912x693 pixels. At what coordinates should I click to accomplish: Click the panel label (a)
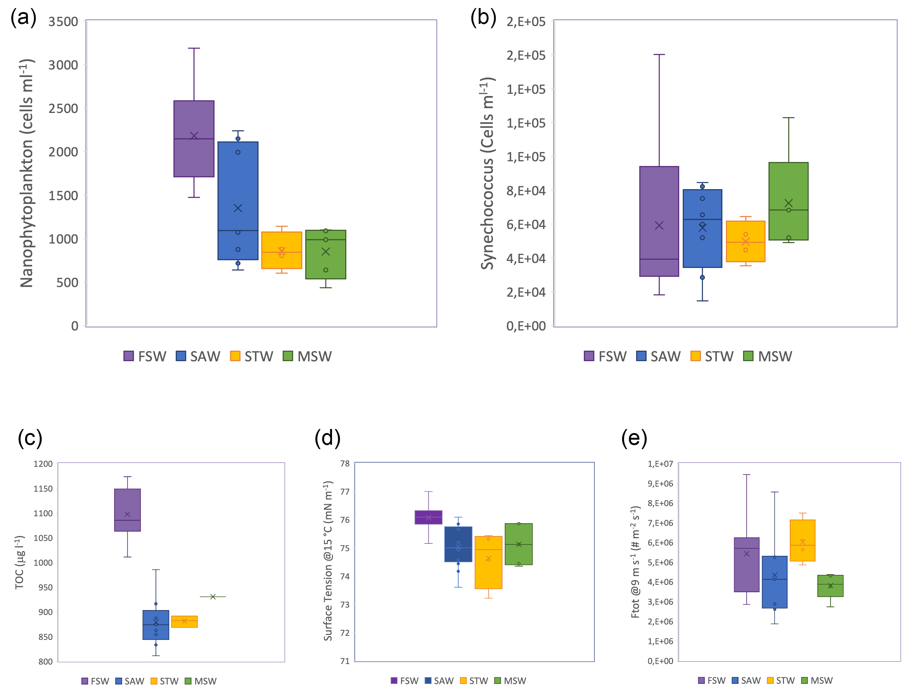[23, 18]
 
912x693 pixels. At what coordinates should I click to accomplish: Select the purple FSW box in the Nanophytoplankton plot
[194, 139]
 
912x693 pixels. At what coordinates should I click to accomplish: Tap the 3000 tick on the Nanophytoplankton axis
[63, 65]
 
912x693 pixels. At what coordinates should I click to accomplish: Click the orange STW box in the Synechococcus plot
[745, 241]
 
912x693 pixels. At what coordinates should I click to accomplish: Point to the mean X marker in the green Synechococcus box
[788, 203]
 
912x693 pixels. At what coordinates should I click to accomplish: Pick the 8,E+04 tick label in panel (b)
[526, 191]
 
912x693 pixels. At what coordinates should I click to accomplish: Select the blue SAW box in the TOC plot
[156, 625]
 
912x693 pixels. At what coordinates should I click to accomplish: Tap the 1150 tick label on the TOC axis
[43, 489]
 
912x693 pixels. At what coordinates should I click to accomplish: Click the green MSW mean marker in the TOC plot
[212, 597]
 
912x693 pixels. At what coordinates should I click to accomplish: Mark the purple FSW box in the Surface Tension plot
[428, 517]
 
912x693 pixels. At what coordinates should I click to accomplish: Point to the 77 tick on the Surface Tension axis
[344, 492]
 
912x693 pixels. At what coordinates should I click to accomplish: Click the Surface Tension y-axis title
[328, 561]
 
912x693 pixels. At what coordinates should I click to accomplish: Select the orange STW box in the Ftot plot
[802, 540]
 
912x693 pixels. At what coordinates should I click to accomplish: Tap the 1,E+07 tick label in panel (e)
[660, 464]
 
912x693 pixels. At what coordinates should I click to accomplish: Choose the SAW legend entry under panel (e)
[746, 681]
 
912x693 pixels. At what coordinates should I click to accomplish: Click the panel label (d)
[327, 438]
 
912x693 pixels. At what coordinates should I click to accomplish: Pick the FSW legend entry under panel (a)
[145, 356]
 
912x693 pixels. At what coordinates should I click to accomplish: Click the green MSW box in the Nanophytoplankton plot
[326, 254]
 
